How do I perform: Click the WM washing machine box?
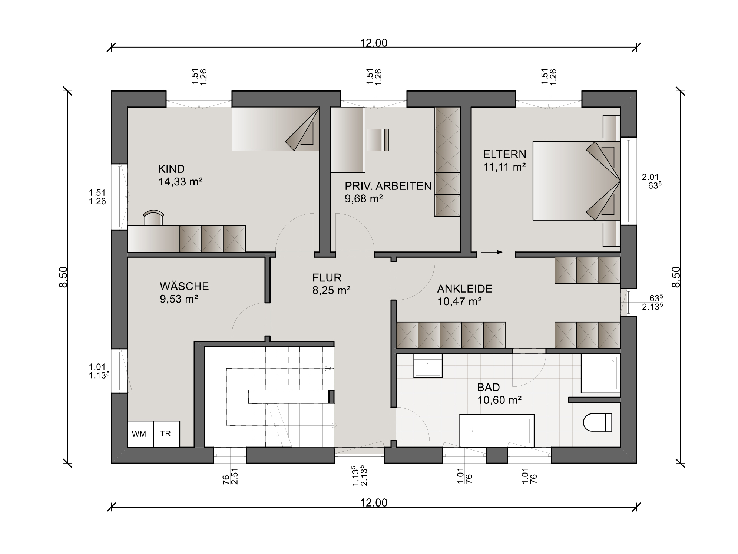click(x=140, y=433)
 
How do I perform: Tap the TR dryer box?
click(x=167, y=433)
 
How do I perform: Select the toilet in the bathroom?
click(x=598, y=422)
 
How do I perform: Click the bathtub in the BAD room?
click(x=497, y=431)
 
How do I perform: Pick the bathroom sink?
click(x=428, y=366)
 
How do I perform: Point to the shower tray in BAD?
click(x=600, y=373)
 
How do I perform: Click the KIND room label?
click(x=171, y=169)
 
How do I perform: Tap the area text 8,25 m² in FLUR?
click(x=331, y=290)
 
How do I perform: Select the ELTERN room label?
click(x=504, y=154)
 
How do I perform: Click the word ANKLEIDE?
click(x=465, y=288)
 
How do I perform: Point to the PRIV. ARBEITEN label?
click(x=388, y=186)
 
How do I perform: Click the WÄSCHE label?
click(x=184, y=286)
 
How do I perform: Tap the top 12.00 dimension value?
click(x=374, y=43)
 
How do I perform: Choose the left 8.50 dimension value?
click(x=63, y=277)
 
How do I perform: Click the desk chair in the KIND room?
click(x=153, y=218)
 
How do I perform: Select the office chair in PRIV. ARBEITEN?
click(x=378, y=139)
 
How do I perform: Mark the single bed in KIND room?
click(x=276, y=129)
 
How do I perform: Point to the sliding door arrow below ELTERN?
click(x=490, y=252)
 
